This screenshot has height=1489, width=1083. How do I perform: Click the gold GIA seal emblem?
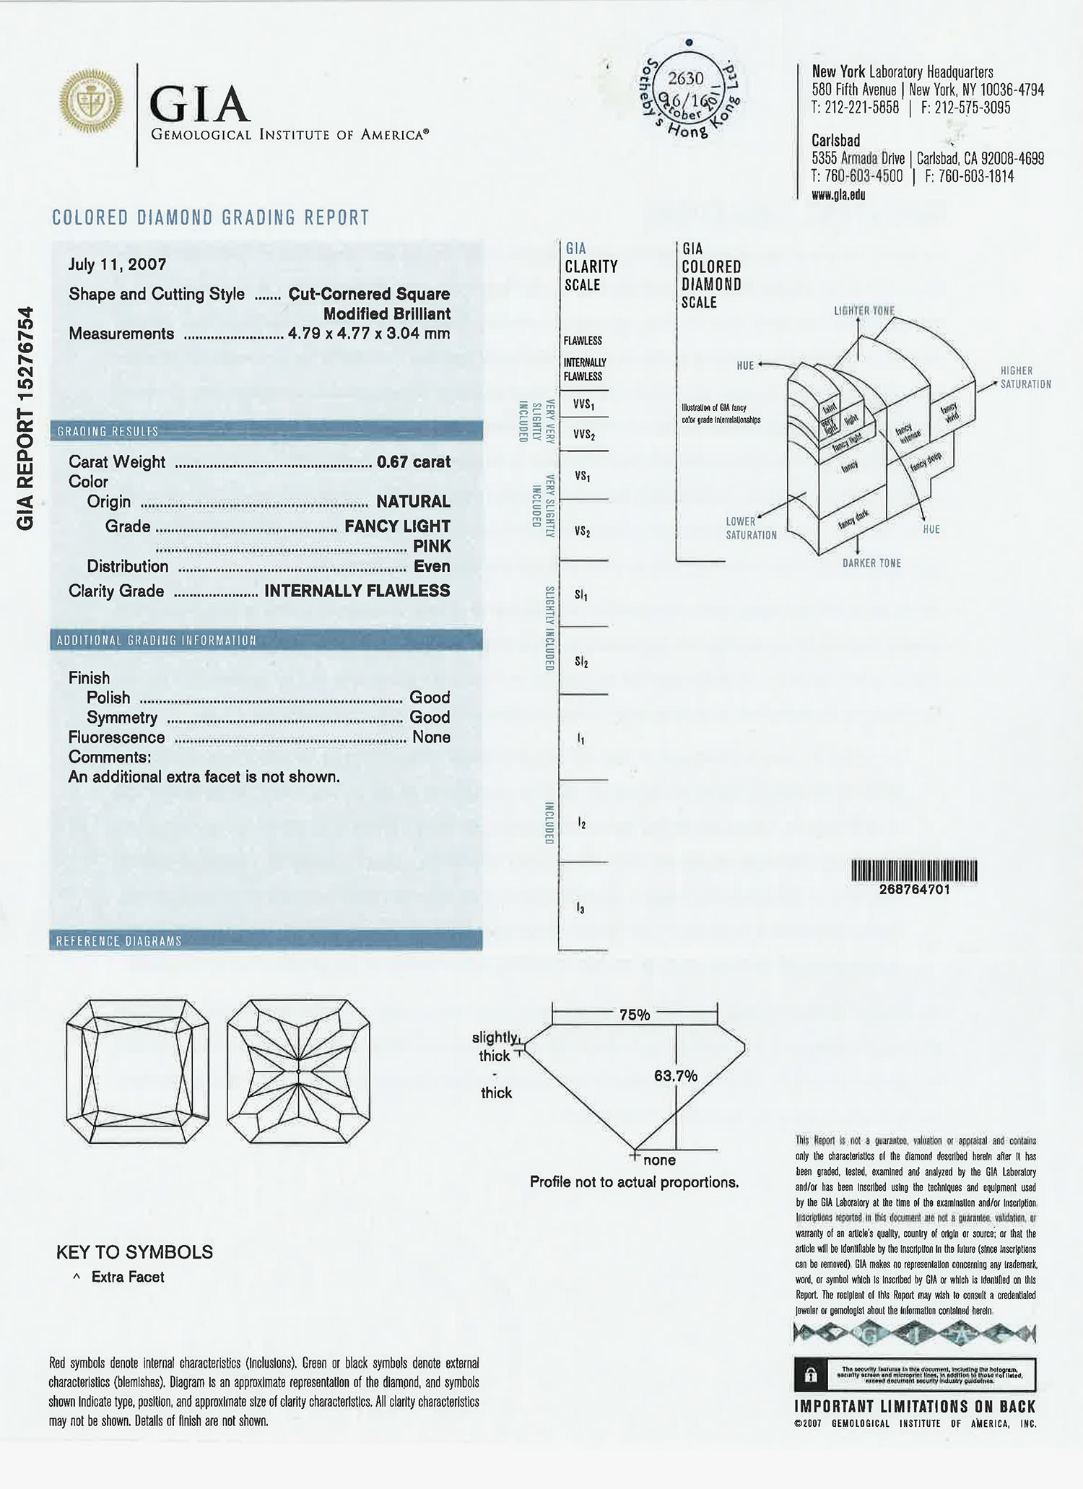(x=91, y=102)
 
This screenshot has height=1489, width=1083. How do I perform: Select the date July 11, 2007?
(x=117, y=264)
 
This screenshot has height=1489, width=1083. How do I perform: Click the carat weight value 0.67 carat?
(x=413, y=461)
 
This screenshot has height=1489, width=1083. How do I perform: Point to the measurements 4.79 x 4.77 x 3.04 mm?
(x=368, y=334)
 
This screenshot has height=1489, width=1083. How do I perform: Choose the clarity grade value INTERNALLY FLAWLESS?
(x=357, y=591)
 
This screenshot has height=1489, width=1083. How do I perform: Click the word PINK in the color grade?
(x=431, y=546)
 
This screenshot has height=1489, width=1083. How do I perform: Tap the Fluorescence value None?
(x=431, y=737)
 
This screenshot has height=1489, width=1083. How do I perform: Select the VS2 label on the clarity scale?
(x=582, y=531)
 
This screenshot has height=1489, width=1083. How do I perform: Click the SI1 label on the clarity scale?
(x=581, y=595)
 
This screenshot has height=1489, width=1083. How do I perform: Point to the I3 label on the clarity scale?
(x=580, y=908)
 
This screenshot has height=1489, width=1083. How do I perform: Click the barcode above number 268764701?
(x=914, y=872)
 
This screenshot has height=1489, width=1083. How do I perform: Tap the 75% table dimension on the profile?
(x=635, y=1015)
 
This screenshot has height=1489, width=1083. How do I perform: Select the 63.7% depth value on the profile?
(x=676, y=1076)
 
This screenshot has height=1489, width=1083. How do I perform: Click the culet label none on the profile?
(x=659, y=1160)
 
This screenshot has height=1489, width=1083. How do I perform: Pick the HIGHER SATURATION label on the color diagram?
(x=1025, y=377)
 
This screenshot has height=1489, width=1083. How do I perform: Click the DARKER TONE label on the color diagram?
(x=871, y=563)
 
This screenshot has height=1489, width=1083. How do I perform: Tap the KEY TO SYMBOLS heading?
(x=134, y=1252)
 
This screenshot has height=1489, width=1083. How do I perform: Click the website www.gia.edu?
(x=838, y=195)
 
